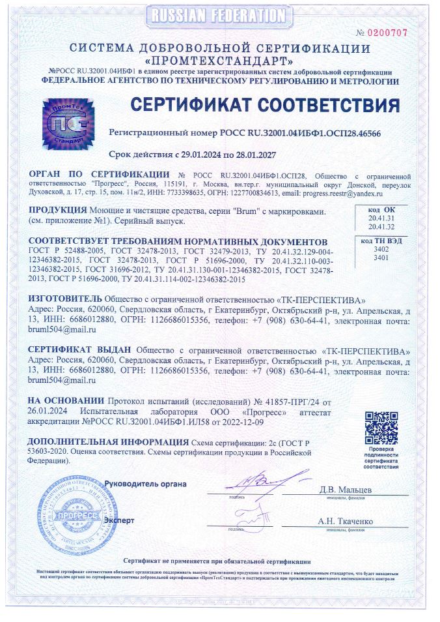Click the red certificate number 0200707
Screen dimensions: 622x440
391,32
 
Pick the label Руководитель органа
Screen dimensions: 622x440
146,484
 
